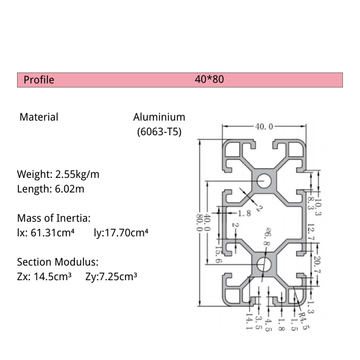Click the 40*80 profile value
(x=210, y=79)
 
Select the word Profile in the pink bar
(x=39, y=80)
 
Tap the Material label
(x=39, y=117)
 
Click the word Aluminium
(x=159, y=117)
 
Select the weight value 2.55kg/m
(x=77, y=174)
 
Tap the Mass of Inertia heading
(x=54, y=218)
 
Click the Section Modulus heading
(x=57, y=262)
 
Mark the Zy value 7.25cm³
(x=116, y=277)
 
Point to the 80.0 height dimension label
(x=198, y=222)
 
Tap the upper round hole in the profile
(x=264, y=180)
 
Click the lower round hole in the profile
(x=264, y=264)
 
